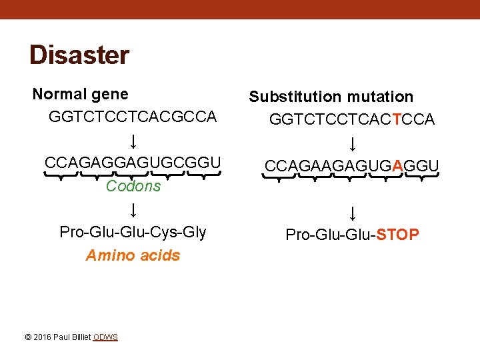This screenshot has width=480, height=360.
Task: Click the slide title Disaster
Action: (79, 55)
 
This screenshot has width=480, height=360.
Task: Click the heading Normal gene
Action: (81, 95)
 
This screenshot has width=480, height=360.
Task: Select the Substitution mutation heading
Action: (331, 97)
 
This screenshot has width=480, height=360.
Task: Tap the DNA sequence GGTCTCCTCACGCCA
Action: (133, 117)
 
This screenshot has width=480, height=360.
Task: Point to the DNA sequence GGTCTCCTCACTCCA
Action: (352, 119)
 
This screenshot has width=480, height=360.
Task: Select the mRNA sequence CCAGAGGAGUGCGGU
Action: (133, 163)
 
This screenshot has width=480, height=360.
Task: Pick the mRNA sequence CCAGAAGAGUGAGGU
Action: (352, 165)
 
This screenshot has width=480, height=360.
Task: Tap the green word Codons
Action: (133, 186)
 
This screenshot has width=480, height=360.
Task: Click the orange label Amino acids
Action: (133, 255)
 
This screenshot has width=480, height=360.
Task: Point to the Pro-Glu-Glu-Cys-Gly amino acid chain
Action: (133, 232)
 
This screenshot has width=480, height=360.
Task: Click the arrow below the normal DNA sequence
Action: (133, 141)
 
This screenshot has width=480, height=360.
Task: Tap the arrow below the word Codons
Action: (133, 210)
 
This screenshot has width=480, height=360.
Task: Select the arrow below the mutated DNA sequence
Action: (352, 143)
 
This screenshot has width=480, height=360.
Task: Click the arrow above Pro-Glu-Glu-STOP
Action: (352, 213)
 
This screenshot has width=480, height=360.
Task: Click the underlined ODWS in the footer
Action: (105, 337)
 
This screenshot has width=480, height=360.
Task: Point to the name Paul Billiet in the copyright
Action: (72, 337)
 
